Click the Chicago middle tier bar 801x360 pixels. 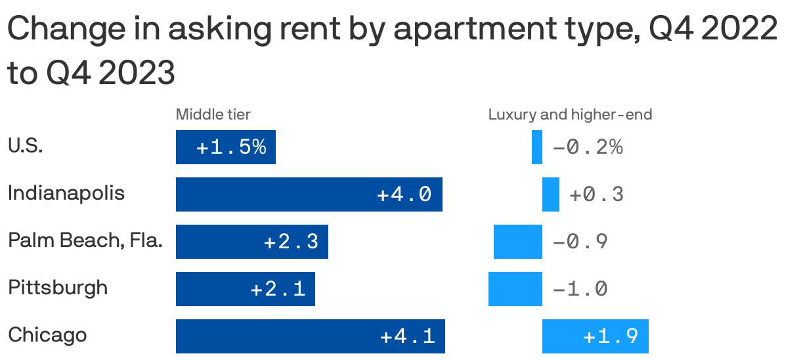pos(310,336)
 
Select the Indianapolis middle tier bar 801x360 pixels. pos(309,194)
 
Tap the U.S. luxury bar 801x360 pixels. pos(537,147)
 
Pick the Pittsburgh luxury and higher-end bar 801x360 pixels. pos(515,289)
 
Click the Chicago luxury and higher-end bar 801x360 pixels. pos(595,336)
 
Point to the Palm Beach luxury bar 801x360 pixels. pos(518,242)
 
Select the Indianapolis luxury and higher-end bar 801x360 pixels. pos(551,194)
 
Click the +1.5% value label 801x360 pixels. pos(231,147)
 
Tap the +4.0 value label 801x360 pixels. pos(404,194)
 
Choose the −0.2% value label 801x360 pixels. pos(588,147)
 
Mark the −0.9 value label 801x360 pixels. pos(580,242)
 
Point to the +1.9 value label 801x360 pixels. pos(611,336)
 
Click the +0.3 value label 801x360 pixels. pos(596,194)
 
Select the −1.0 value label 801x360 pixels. pos(580,289)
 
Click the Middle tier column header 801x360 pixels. pos(213,115)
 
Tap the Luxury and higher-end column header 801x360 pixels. pos(570,115)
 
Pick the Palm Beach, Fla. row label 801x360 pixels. pos(85,241)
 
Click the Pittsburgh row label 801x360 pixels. pos(58,288)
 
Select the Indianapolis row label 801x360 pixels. pos(66,194)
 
